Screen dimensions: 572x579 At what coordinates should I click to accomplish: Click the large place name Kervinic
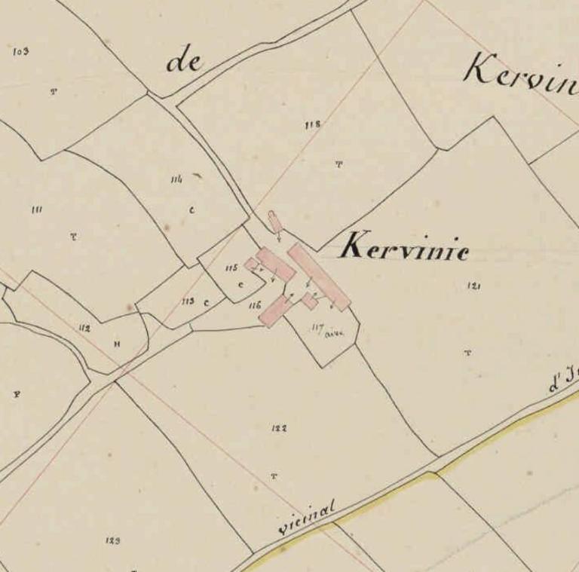pyautogui.click(x=404, y=246)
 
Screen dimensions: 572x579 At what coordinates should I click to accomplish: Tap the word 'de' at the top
pyautogui.click(x=185, y=61)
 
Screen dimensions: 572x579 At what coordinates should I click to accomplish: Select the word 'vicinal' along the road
pyautogui.click(x=306, y=519)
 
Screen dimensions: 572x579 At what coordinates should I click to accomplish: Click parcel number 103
pyautogui.click(x=21, y=51)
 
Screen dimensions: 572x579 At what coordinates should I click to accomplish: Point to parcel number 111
pyautogui.click(x=36, y=210)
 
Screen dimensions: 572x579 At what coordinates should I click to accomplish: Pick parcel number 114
pyautogui.click(x=177, y=179)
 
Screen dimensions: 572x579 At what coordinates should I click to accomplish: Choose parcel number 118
pyautogui.click(x=313, y=124)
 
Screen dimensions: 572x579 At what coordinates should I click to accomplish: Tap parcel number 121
pyautogui.click(x=474, y=286)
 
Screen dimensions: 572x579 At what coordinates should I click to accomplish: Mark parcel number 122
pyautogui.click(x=279, y=428)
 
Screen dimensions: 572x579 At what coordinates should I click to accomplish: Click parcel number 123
pyautogui.click(x=113, y=540)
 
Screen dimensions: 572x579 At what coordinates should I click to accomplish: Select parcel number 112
pyautogui.click(x=84, y=328)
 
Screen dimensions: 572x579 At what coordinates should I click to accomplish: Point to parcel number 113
pyautogui.click(x=188, y=301)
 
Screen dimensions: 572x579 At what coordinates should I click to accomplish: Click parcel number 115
pyautogui.click(x=231, y=268)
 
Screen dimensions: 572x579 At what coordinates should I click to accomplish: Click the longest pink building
pyautogui.click(x=319, y=277)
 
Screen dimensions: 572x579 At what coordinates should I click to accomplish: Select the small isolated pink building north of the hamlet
pyautogui.click(x=275, y=222)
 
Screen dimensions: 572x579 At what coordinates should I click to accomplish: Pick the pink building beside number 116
pyautogui.click(x=275, y=310)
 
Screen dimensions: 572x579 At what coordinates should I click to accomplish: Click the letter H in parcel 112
pyautogui.click(x=117, y=344)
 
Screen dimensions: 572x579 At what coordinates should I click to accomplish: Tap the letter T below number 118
pyautogui.click(x=339, y=164)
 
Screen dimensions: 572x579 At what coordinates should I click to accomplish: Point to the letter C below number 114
pyautogui.click(x=191, y=210)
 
